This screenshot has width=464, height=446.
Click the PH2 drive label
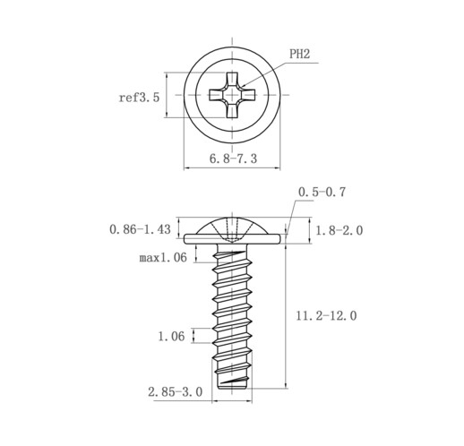(x=299, y=54)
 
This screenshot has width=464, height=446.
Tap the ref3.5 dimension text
(x=139, y=98)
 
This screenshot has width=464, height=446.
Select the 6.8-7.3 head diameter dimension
(x=233, y=159)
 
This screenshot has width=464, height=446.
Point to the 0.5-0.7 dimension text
(x=322, y=192)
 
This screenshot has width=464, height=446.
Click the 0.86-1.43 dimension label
(x=140, y=229)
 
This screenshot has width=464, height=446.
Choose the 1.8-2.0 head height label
(x=339, y=230)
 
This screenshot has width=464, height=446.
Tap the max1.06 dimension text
(x=163, y=257)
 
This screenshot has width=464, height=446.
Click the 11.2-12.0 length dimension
(x=326, y=315)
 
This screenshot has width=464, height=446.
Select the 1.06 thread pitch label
(x=171, y=337)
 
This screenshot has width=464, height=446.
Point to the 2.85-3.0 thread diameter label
(x=176, y=391)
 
